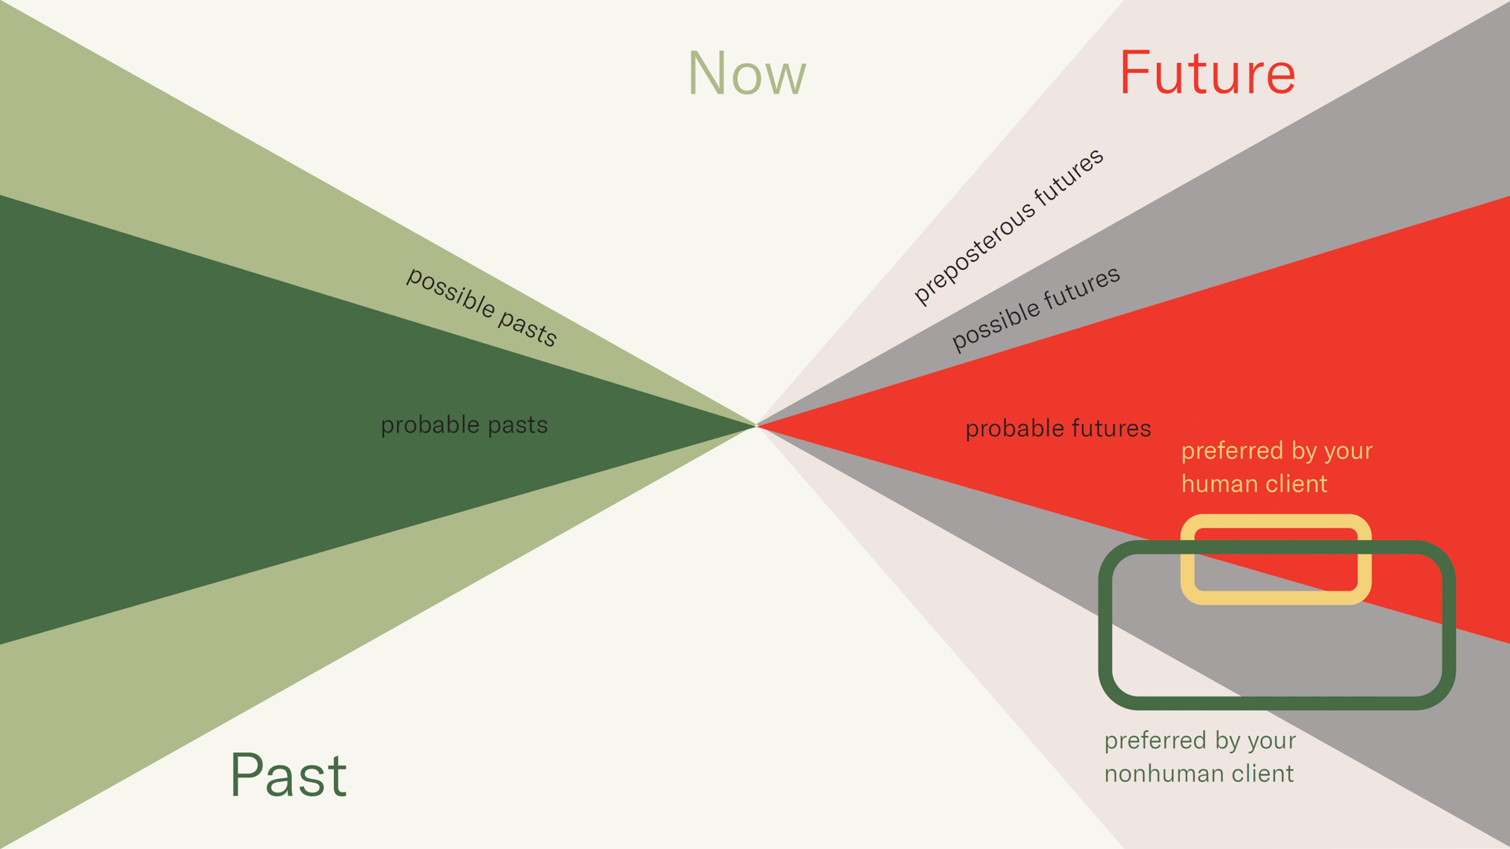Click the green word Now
coord(747,73)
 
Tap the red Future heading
coord(1207,72)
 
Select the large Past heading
coord(288,775)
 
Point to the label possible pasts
coord(482,307)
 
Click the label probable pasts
coord(464,425)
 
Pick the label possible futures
coord(1035,308)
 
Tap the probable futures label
coord(1058,429)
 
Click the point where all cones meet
coord(756,426)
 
